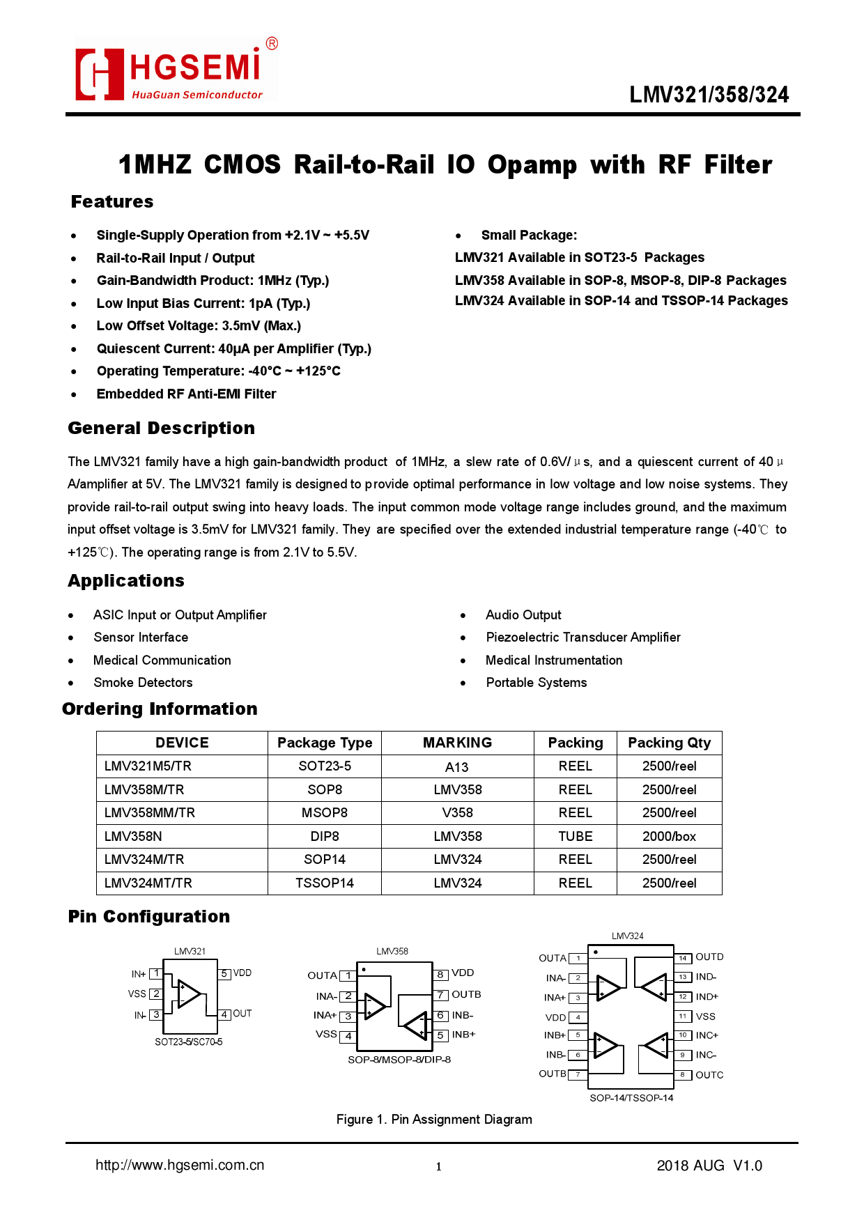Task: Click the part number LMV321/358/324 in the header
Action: (x=709, y=95)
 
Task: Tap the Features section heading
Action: (x=112, y=202)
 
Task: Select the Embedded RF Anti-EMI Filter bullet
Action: (x=186, y=394)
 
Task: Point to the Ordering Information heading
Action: (x=160, y=709)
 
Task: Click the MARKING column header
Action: (x=457, y=743)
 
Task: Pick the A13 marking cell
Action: (x=457, y=767)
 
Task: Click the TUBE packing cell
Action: (x=575, y=837)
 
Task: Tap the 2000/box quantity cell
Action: (x=669, y=837)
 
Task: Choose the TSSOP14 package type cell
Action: (x=324, y=883)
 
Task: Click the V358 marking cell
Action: (x=457, y=813)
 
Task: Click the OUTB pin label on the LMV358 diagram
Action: (x=466, y=995)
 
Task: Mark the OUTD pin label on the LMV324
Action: (x=709, y=957)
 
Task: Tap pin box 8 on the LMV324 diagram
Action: (x=683, y=1075)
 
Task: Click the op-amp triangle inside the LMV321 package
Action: (x=189, y=994)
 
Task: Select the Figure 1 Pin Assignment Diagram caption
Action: (x=434, y=1120)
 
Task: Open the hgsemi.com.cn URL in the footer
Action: (x=180, y=1166)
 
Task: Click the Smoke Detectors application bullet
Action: (x=143, y=683)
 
